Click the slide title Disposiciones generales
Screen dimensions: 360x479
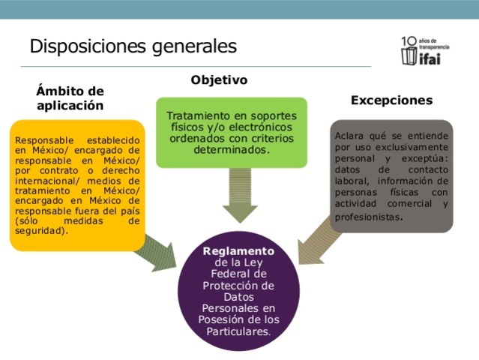point(133,46)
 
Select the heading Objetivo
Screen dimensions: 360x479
point(219,79)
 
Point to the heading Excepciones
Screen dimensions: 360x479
point(391,100)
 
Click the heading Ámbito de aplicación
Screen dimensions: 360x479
point(70,98)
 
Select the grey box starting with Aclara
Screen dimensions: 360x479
point(391,175)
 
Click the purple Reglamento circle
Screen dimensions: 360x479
point(238,289)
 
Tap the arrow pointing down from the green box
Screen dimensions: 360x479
point(240,194)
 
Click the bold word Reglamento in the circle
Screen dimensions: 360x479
point(238,250)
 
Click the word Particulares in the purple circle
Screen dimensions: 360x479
point(238,330)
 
